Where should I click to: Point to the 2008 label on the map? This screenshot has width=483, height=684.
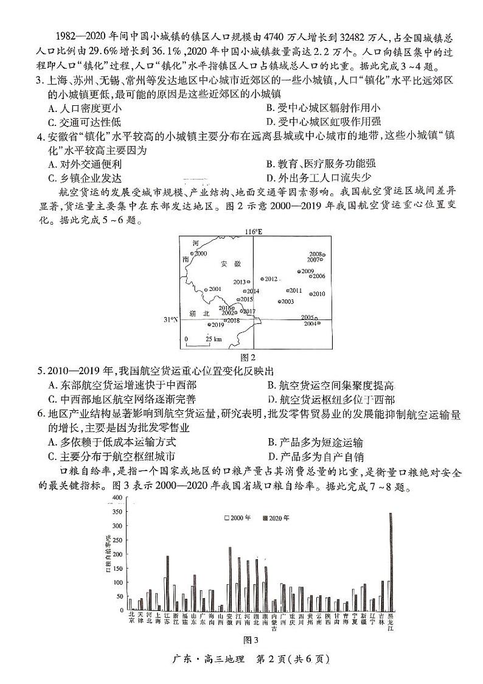(316, 254)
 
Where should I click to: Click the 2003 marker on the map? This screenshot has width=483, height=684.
(280, 301)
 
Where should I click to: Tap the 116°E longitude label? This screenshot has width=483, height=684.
(253, 232)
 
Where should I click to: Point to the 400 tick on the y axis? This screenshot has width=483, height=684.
(117, 498)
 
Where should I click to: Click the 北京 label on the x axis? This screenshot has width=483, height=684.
(131, 618)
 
